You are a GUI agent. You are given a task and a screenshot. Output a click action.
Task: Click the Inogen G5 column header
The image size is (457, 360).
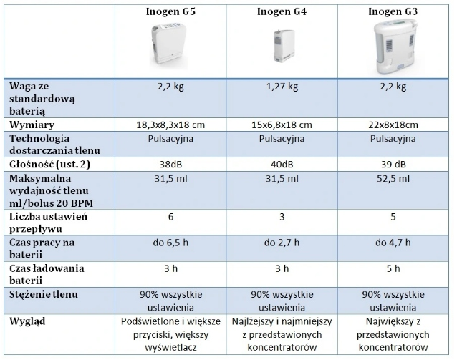coord(170,12)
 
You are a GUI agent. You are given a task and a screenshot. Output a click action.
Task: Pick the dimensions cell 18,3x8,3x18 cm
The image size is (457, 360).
coord(170,125)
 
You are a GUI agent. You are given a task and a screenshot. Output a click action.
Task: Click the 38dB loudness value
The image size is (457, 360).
coord(170,164)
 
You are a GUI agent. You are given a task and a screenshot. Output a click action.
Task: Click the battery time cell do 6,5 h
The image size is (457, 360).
coord(170,243)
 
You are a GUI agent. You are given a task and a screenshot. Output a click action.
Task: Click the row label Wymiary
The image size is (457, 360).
coord(33,125)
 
